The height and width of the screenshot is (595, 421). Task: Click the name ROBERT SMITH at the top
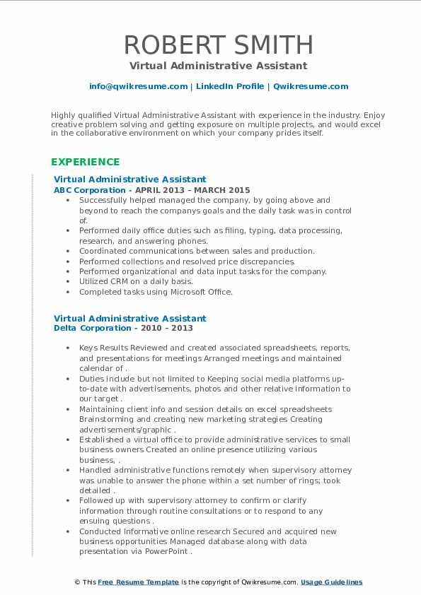218,45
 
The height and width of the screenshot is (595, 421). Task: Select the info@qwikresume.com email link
138,86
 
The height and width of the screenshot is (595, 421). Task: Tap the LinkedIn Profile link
230,86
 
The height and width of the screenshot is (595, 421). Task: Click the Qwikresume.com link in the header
311,86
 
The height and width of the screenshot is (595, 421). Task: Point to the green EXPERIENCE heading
86,162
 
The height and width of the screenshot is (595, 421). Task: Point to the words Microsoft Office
202,291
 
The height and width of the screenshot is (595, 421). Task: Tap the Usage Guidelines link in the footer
331,582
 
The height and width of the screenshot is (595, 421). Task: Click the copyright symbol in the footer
78,582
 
